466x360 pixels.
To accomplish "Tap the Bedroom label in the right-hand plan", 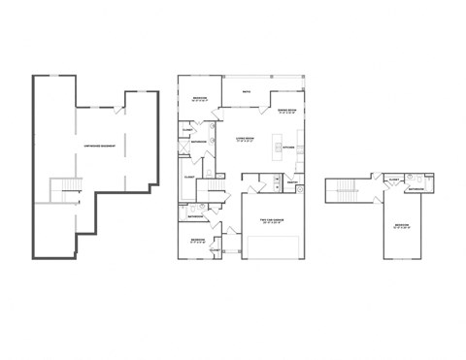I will [401, 226].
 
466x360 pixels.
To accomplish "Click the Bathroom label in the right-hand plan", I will [415, 190].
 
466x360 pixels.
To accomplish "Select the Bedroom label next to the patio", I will [199, 98].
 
